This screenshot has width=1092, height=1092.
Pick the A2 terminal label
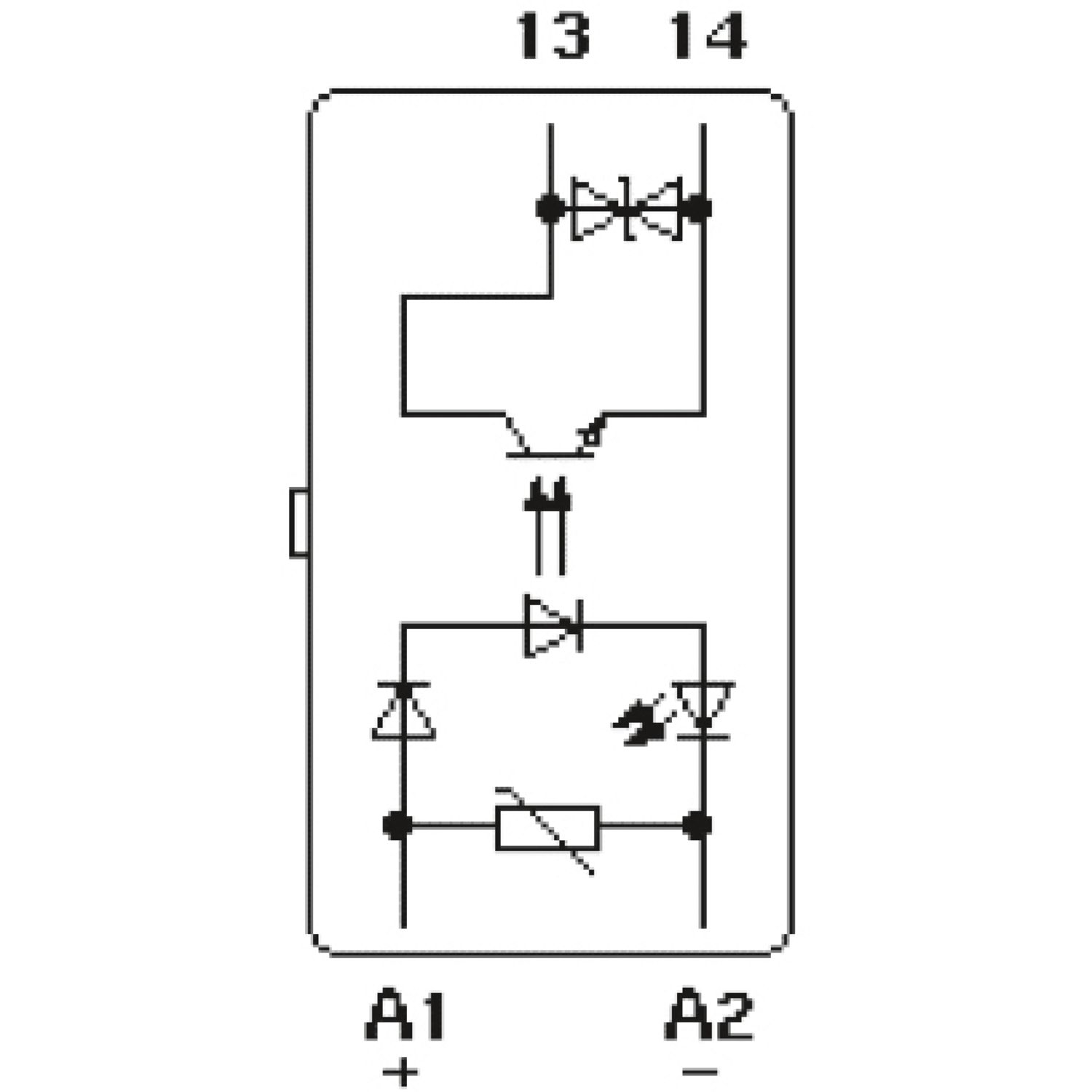click(x=708, y=1014)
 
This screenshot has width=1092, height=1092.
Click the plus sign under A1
click(x=400, y=1072)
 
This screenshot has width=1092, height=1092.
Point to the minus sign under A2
click(x=700, y=1072)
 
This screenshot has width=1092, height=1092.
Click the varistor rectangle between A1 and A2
click(x=547, y=828)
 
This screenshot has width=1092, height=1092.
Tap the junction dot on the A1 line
click(x=398, y=826)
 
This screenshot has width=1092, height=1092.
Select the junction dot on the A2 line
click(x=697, y=826)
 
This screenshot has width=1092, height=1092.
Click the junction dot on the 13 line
click(x=550, y=209)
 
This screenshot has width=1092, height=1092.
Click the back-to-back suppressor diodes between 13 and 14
click(x=626, y=209)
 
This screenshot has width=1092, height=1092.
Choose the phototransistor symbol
click(x=550, y=437)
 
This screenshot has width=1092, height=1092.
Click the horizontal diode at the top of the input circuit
click(x=553, y=625)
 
